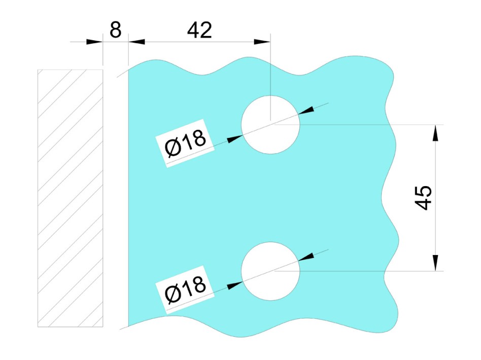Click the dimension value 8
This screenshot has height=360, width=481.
coord(115,30)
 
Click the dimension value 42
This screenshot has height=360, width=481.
coord(199,30)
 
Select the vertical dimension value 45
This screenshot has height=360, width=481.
coord(423,198)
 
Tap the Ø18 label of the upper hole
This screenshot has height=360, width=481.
coord(185,142)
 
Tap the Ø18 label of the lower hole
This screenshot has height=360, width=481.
coord(185,289)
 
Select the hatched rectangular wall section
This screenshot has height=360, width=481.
coord(70,198)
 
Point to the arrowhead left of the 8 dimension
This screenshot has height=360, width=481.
coord(94,42)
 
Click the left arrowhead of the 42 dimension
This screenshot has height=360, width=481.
coord(136,42)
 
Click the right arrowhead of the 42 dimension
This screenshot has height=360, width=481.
coord(262,42)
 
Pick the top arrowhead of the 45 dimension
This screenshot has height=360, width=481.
coord(435,133)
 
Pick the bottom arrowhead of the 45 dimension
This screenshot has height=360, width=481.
coord(435,263)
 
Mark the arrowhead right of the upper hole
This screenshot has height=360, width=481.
coord(306,111)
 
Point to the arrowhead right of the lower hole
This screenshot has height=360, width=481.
coord(306,257)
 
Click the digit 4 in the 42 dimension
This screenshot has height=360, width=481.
coord(193,30)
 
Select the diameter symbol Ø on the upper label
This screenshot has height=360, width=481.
coord(173,148)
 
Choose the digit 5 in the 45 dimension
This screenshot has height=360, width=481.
coord(423,192)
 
